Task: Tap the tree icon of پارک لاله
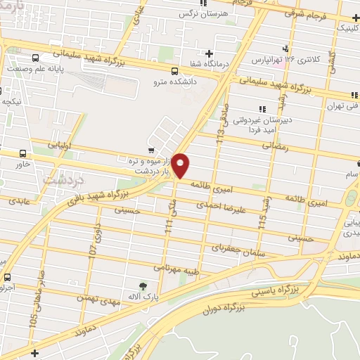coord(143,286)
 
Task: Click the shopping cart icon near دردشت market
coord(152,149)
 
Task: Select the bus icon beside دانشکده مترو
coord(174,70)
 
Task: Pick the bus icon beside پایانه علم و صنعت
coord(35,58)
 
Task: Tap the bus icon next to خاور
coord(23,154)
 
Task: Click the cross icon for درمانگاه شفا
coord(209,54)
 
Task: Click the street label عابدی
coord(20,201)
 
